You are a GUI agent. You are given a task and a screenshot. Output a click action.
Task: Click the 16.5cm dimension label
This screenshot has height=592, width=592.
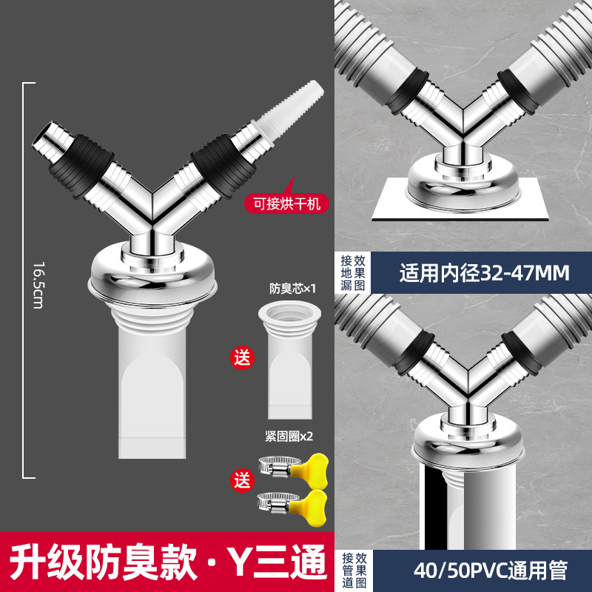[x=38, y=285]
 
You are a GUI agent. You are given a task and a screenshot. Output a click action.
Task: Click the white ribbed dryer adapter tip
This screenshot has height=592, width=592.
[x=289, y=110]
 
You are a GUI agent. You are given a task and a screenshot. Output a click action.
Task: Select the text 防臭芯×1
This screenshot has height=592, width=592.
[x=292, y=289]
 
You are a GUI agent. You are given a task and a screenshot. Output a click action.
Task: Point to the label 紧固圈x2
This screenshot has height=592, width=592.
[x=289, y=437]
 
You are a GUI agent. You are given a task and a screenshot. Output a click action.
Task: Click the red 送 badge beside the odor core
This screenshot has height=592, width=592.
[x=242, y=357]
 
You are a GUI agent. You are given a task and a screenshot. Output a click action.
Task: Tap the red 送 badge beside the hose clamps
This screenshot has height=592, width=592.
[x=242, y=480]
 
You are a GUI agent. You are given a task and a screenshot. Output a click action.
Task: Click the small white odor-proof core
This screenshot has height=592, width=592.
[x=290, y=360]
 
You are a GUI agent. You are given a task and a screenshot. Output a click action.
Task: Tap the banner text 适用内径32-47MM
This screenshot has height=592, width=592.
[x=485, y=273]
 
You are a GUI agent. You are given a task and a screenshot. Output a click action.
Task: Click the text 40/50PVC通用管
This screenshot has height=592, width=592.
[x=491, y=571]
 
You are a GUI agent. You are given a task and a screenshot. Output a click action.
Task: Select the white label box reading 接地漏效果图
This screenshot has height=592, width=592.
[x=353, y=273]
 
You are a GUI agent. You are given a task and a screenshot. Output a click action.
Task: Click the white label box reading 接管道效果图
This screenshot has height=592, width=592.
[x=354, y=571]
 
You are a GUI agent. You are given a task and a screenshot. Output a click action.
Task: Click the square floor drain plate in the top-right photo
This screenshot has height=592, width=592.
[x=460, y=200]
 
